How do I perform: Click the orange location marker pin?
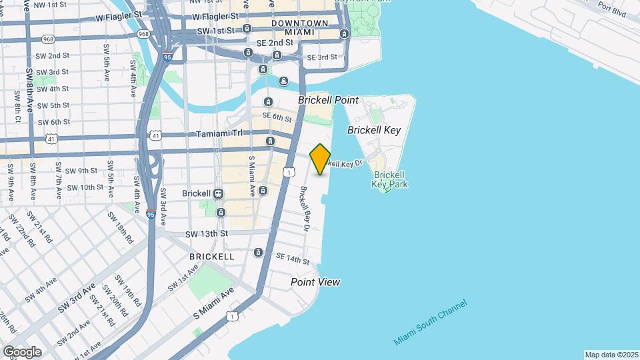pos(321,159)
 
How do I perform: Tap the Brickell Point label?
pos(328,100)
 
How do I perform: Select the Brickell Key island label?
pos(374,131)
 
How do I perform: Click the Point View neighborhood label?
pos(315,282)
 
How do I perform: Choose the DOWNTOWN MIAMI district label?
pos(299,27)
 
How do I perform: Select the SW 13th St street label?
pos(207,233)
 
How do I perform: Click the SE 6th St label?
pos(277,117)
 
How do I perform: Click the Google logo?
pos(21,351)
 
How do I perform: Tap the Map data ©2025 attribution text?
pos(610,355)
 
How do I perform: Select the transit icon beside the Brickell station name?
pos(219,193)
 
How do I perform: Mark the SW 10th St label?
pos(83,187)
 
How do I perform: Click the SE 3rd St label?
pos(322,57)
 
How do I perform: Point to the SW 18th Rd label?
pos(120,233)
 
